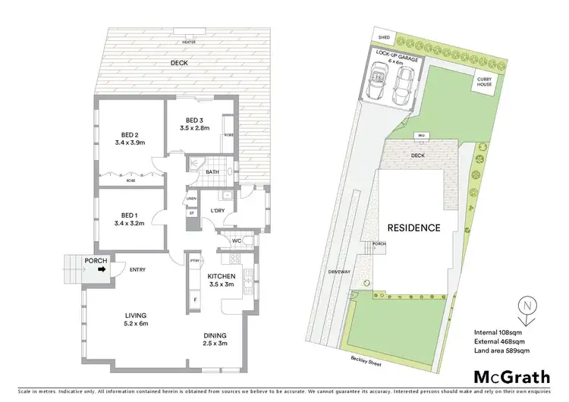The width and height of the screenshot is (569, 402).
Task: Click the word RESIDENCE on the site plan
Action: pos(414,227)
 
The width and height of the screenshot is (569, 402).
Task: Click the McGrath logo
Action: pos(512,377)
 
